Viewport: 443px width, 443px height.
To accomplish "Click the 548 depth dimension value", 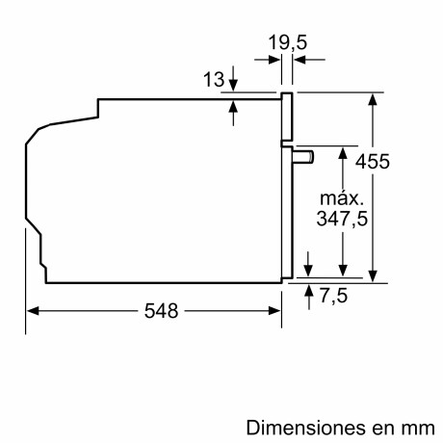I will (155, 311).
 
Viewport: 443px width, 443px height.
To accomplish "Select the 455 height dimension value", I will (372, 162).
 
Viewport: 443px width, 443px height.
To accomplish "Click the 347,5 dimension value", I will (341, 219).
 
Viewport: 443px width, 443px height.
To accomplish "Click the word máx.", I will (341, 198).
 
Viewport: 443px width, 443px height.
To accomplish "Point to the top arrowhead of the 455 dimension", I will (372, 97).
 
